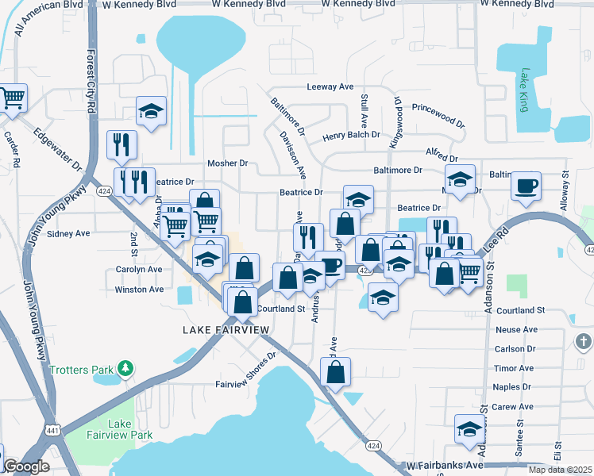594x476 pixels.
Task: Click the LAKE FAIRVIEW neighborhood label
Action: tap(226, 329)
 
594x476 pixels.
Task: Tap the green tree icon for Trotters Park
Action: tap(125, 369)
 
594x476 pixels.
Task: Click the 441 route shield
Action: tap(51, 430)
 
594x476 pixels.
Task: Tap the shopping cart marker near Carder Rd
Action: tap(13, 99)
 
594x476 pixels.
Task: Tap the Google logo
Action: tap(26, 466)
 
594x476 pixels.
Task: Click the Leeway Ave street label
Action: tap(330, 88)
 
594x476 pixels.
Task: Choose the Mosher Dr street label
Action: tap(228, 163)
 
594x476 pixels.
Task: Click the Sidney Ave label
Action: tap(69, 234)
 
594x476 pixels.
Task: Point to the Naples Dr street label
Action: tap(512, 387)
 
